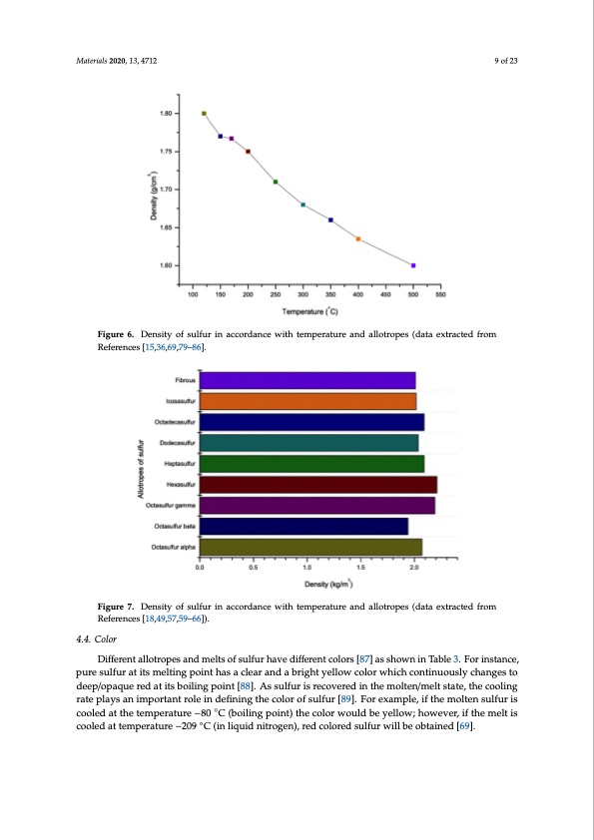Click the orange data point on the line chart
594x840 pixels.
(358, 239)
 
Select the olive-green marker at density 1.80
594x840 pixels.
(204, 114)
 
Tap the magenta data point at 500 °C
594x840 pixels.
(413, 265)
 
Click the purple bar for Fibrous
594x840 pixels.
(307, 380)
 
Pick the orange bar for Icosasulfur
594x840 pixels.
(307, 401)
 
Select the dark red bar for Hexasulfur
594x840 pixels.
(318, 484)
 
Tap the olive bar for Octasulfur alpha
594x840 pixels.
(310, 546)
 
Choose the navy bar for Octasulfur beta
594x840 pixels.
(303, 526)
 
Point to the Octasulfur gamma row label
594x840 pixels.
(171, 505)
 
